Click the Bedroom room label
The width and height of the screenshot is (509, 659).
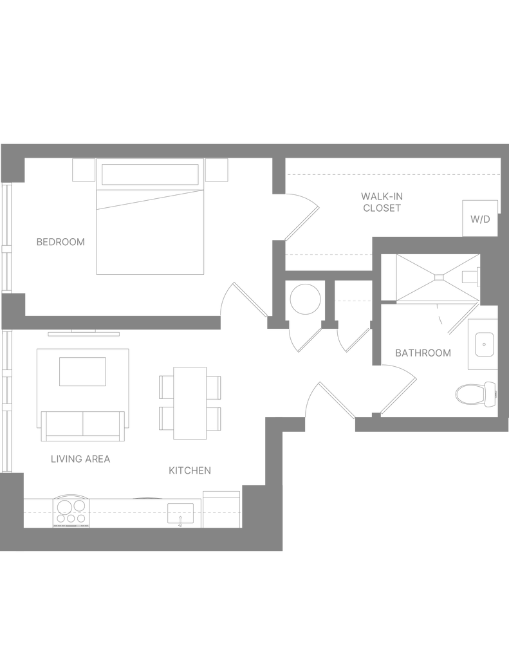tap(60, 243)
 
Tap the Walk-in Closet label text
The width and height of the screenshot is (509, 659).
tap(382, 201)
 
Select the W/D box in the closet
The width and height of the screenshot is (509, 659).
tap(479, 219)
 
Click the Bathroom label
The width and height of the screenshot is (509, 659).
tap(423, 353)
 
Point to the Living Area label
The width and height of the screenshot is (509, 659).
tap(81, 459)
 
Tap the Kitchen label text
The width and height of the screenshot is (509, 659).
tap(190, 471)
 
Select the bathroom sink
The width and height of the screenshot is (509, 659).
tap(484, 344)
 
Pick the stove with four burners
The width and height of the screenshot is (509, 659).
tap(71, 511)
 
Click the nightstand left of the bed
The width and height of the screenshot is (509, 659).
tap(82, 170)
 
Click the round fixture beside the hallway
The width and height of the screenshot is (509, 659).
tap(304, 299)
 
